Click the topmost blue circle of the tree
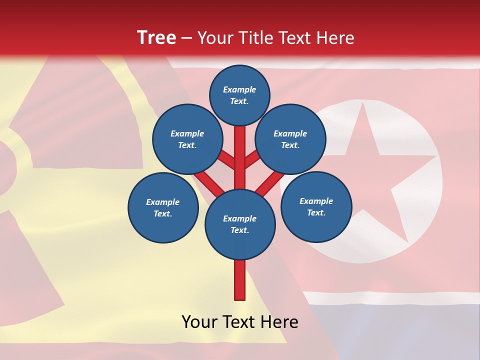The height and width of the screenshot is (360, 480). pyautogui.click(x=239, y=95)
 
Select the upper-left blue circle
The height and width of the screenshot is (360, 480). pyautogui.click(x=187, y=139)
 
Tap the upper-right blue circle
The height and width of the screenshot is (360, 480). pyautogui.click(x=290, y=139)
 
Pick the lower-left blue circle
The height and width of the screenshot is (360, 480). pyautogui.click(x=163, y=207)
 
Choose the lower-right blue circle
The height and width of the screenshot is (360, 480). pyautogui.click(x=316, y=206)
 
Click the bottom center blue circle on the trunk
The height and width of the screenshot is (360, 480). pyautogui.click(x=240, y=224)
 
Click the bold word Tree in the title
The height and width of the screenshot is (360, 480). pyautogui.click(x=156, y=38)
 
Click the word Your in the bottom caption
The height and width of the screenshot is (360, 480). pyautogui.click(x=199, y=322)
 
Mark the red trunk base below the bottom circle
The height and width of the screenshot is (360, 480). pyautogui.click(x=240, y=280)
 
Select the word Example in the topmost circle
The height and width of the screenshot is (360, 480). pyautogui.click(x=239, y=89)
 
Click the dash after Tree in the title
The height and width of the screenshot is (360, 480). pyautogui.click(x=186, y=38)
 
